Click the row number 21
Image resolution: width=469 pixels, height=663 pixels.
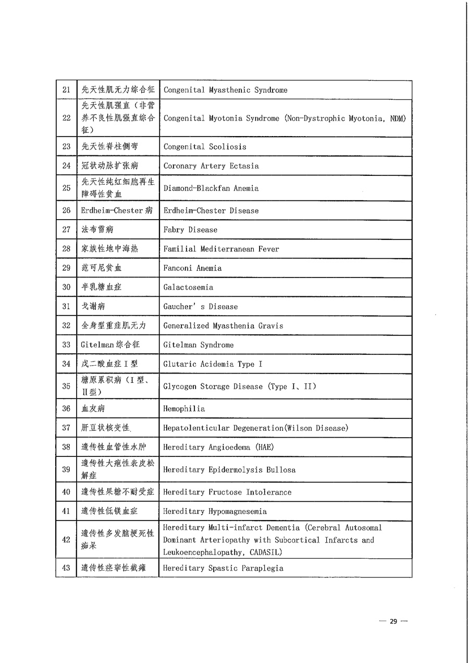point(66,90)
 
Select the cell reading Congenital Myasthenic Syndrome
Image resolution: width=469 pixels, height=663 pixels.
point(225,90)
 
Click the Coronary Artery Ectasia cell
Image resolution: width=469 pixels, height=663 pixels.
point(211,166)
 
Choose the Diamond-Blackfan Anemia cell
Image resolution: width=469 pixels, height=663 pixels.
point(211,188)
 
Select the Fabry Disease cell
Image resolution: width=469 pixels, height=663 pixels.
point(190,230)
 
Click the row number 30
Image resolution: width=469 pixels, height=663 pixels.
point(66,287)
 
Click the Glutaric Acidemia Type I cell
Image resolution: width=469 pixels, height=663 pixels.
point(213,364)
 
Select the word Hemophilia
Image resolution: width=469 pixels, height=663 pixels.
point(184,409)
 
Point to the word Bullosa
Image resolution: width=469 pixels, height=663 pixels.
point(281,469)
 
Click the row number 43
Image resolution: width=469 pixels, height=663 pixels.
point(66,568)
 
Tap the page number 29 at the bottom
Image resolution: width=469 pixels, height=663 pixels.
point(393,621)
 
